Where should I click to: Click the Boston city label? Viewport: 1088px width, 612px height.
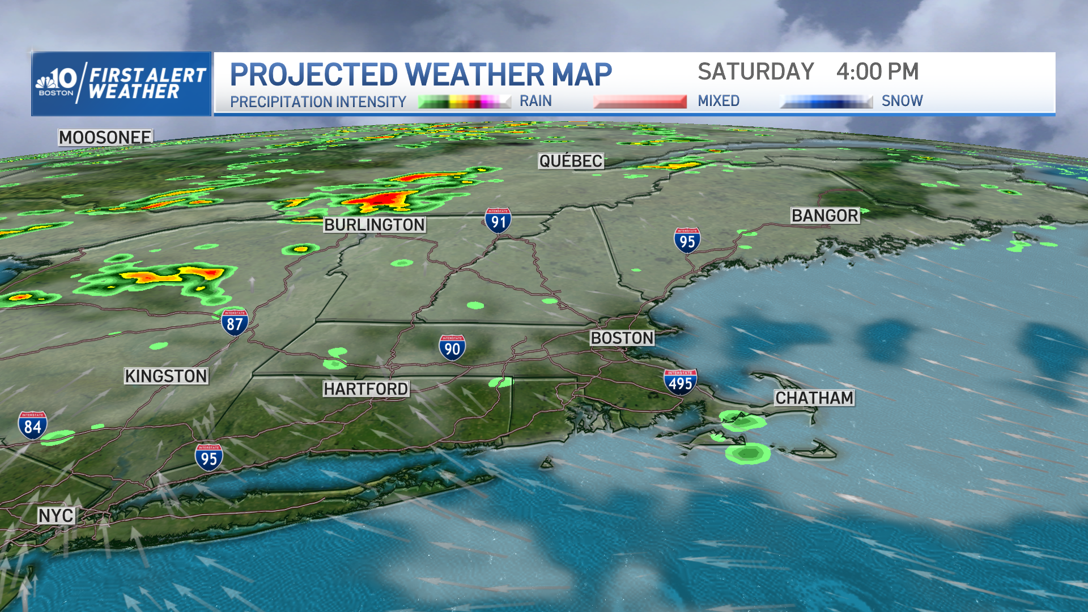pyautogui.click(x=622, y=338)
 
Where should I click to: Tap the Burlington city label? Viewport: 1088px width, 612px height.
pyautogui.click(x=375, y=225)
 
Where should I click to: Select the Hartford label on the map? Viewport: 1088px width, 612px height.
pyautogui.click(x=366, y=389)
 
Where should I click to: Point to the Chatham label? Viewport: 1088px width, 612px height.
pyautogui.click(x=814, y=398)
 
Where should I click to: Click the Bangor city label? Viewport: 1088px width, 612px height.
pyautogui.click(x=825, y=215)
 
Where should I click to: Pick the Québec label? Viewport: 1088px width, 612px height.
pyautogui.click(x=571, y=161)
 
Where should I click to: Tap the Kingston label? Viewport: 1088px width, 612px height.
pyautogui.click(x=166, y=376)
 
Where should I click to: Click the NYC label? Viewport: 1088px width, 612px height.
pyautogui.click(x=56, y=516)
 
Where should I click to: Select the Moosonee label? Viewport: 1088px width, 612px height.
pyautogui.click(x=105, y=137)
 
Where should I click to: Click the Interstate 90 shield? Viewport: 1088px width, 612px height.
pyautogui.click(x=452, y=347)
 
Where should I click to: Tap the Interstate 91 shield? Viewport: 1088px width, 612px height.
pyautogui.click(x=498, y=220)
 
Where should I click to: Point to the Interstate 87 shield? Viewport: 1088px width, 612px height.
pyautogui.click(x=235, y=323)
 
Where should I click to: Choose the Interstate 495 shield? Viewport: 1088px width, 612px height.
pyautogui.click(x=680, y=382)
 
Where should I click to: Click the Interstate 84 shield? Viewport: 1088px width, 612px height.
pyautogui.click(x=32, y=426)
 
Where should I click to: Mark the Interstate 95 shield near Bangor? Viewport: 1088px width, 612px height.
pyautogui.click(x=687, y=240)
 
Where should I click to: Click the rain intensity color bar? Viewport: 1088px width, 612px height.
pyautogui.click(x=465, y=101)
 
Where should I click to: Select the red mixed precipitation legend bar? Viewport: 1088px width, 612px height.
pyautogui.click(x=640, y=101)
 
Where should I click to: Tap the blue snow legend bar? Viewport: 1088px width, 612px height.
pyautogui.click(x=826, y=101)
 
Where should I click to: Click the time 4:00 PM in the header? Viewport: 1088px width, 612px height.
pyautogui.click(x=877, y=72)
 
